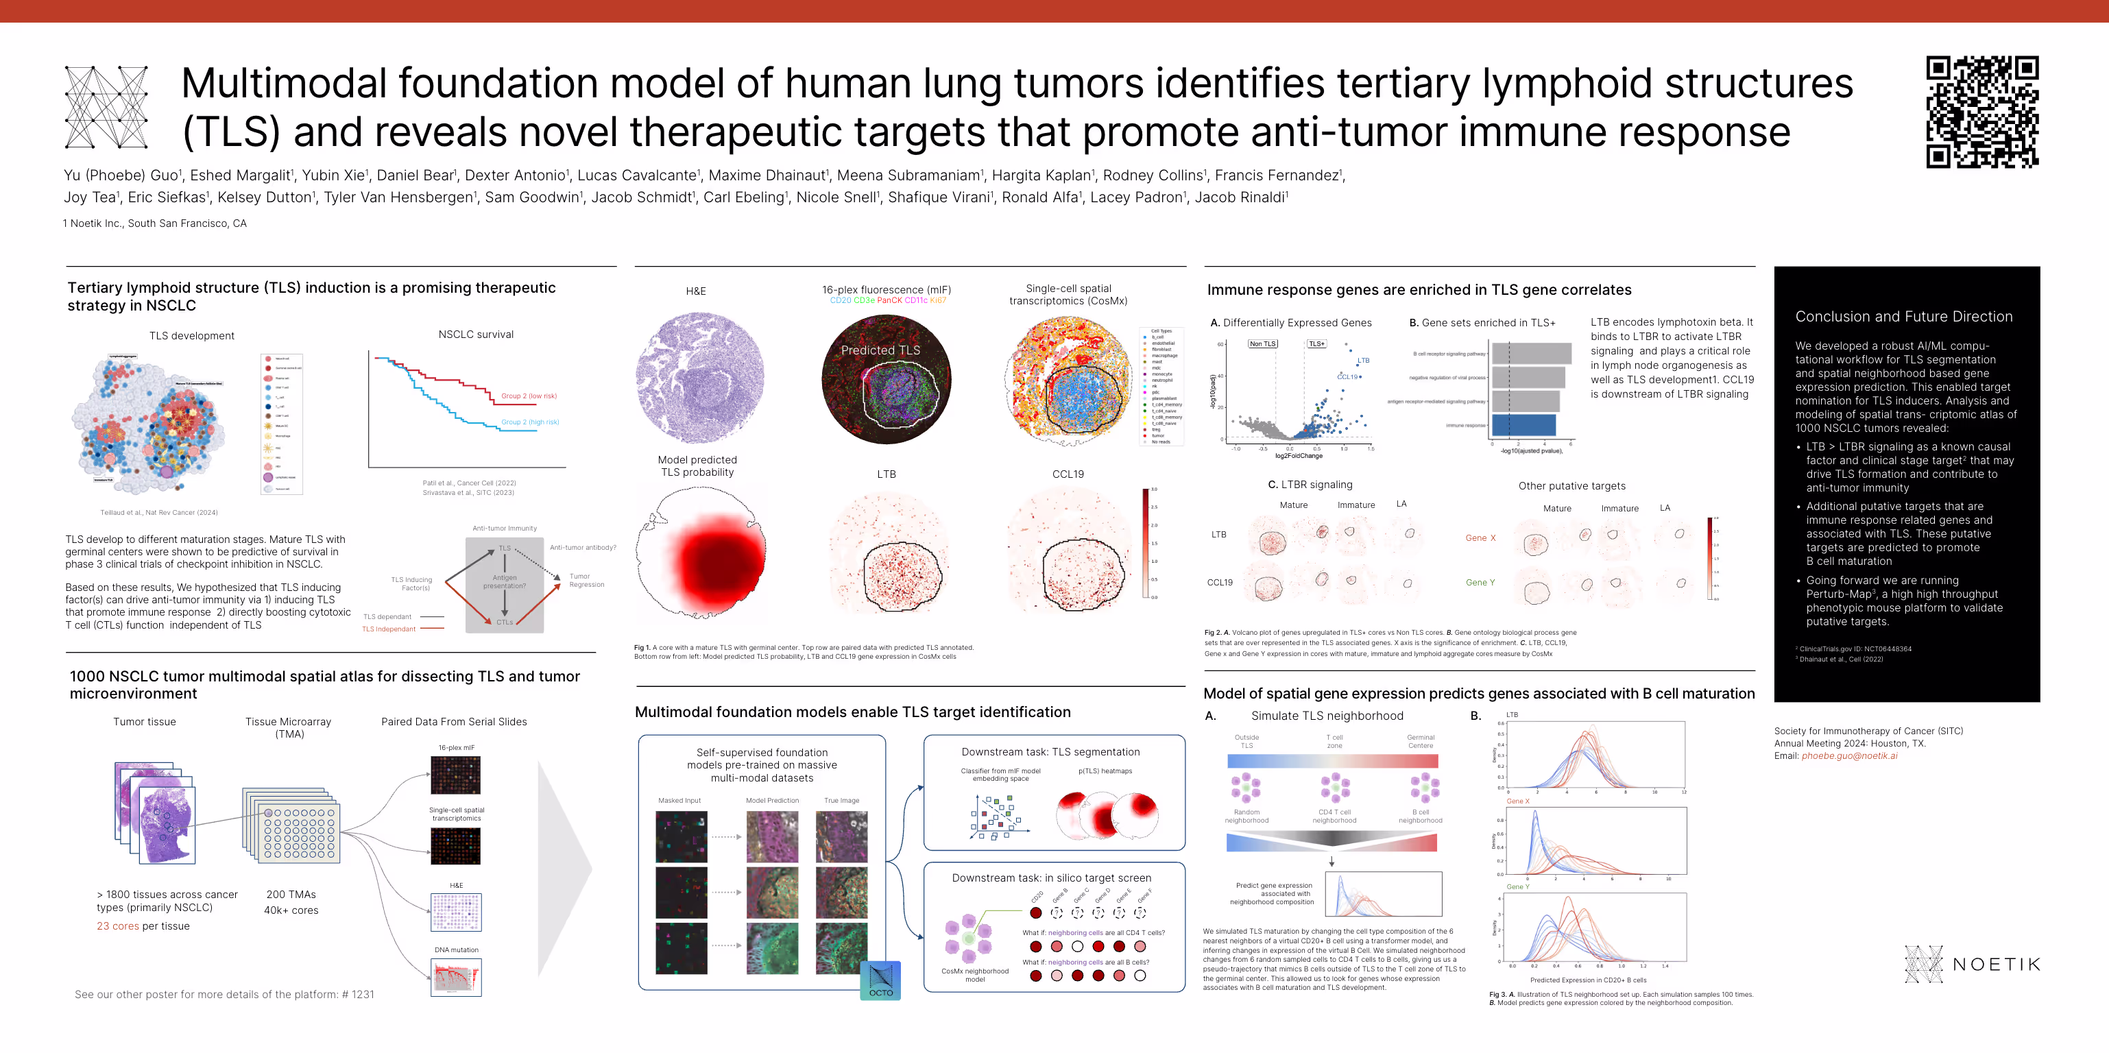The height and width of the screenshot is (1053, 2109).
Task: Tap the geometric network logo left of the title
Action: tap(106, 107)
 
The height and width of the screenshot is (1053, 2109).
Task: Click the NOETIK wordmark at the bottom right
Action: tap(1995, 965)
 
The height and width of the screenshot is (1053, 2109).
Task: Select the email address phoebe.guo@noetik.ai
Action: tap(1848, 755)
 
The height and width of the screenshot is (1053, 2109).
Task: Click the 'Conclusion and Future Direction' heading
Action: tap(1903, 317)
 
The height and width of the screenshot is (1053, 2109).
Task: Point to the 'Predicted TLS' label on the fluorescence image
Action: tap(880, 350)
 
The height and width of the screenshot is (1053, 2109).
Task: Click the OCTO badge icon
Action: tap(881, 981)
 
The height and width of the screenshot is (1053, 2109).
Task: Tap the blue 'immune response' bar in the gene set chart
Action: tap(1523, 425)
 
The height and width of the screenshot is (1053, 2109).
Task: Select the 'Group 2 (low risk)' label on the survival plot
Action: tap(529, 396)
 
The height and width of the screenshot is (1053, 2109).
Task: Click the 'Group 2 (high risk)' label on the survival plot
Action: tap(530, 422)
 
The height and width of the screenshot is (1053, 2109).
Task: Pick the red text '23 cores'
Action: tap(118, 926)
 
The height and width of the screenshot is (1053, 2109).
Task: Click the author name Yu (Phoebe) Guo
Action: tap(121, 175)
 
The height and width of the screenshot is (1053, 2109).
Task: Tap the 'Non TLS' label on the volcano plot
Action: tap(1262, 344)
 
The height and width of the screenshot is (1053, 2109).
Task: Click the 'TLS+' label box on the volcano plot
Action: tap(1316, 344)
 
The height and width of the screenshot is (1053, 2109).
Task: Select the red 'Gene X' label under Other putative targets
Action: tap(1480, 538)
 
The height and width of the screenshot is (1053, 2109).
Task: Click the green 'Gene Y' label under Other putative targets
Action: tap(1480, 582)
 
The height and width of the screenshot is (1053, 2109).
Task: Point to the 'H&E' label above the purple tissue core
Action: tap(696, 291)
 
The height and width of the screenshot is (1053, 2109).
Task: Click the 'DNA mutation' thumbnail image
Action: tap(456, 977)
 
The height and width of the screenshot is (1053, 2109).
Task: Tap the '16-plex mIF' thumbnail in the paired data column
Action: tap(456, 775)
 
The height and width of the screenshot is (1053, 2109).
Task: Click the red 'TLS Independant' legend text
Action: tap(389, 629)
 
